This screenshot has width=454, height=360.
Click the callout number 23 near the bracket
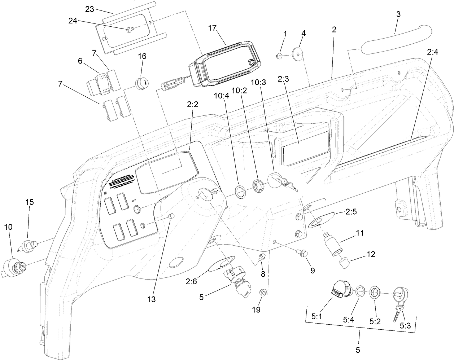90,9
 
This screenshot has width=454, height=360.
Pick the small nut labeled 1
279,56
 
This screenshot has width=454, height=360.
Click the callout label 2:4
432,52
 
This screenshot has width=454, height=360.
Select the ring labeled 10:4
240,190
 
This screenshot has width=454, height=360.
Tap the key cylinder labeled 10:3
276,179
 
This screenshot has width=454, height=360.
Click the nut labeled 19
263,291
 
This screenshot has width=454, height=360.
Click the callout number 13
152,300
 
